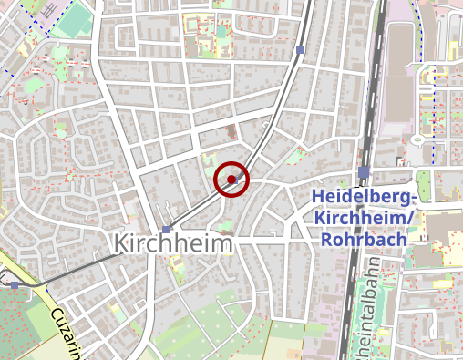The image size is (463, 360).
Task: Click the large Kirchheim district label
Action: click(173, 244)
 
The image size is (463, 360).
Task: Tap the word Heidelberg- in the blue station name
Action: click(364, 197)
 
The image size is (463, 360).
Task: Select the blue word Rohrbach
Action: click(363, 240)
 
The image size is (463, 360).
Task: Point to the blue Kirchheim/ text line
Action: click(364, 219)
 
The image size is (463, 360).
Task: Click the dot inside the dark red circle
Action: click(231, 180)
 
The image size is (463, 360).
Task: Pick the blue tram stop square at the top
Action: click(300, 50)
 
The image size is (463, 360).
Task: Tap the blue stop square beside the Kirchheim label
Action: click(165, 230)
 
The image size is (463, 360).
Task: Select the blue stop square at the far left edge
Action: click(15, 285)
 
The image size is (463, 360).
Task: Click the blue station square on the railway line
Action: click(365, 172)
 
